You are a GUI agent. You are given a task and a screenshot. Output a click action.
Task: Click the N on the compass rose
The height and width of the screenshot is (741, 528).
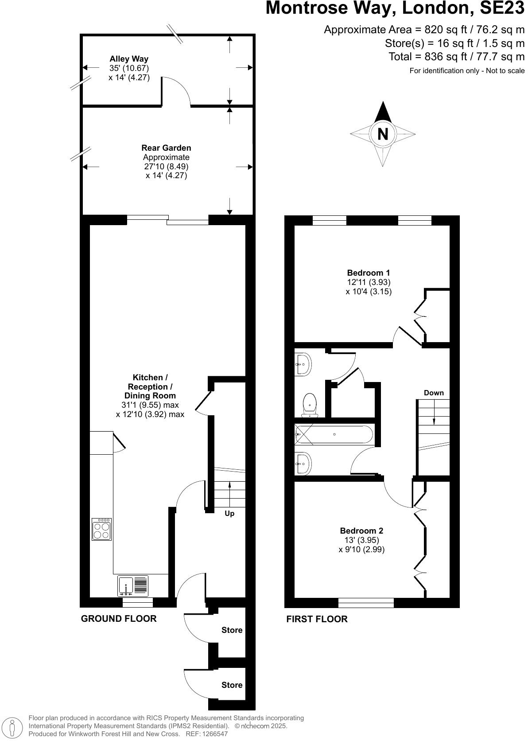pos(383,133)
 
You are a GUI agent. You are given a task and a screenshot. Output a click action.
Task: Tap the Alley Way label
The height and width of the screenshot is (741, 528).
pos(129,59)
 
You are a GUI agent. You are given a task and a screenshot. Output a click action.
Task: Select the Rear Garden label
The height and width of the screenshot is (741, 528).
pos(166,148)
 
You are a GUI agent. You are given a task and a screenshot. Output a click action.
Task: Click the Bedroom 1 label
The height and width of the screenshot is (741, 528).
pos(368,273)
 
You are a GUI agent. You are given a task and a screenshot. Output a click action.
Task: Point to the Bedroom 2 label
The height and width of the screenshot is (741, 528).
pos(361,530)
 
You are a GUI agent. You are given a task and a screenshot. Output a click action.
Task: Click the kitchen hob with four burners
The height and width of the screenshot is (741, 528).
pos(101,529)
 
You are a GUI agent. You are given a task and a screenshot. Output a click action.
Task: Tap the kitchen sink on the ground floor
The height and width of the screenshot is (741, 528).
pos(132,586)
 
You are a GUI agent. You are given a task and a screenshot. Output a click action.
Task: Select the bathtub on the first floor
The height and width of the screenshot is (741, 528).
pos(334,434)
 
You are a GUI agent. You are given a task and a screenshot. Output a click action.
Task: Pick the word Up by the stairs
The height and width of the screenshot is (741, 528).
pos(229,513)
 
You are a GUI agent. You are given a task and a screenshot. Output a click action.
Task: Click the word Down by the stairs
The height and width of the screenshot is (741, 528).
pos(434,393)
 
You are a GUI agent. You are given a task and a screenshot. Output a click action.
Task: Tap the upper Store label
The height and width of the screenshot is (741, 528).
pos(232,630)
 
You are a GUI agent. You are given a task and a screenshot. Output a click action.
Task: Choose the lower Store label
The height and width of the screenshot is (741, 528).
pos(232,685)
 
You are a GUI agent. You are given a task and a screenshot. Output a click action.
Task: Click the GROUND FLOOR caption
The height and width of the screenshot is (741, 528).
pos(119,618)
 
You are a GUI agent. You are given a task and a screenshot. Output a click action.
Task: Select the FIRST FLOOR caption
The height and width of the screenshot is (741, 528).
pos(317,619)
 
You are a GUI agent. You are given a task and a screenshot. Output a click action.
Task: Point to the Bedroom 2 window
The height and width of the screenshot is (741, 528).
pos(366,602)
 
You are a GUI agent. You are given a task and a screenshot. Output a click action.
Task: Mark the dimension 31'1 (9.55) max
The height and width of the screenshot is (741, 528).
pos(150,405)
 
